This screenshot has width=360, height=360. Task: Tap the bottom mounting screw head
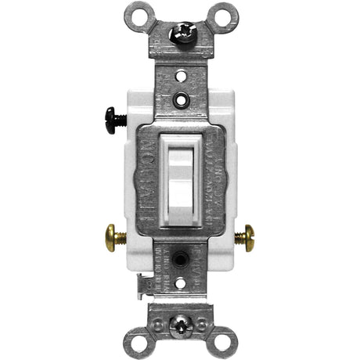179,321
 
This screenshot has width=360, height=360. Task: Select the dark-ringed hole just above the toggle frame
180,100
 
